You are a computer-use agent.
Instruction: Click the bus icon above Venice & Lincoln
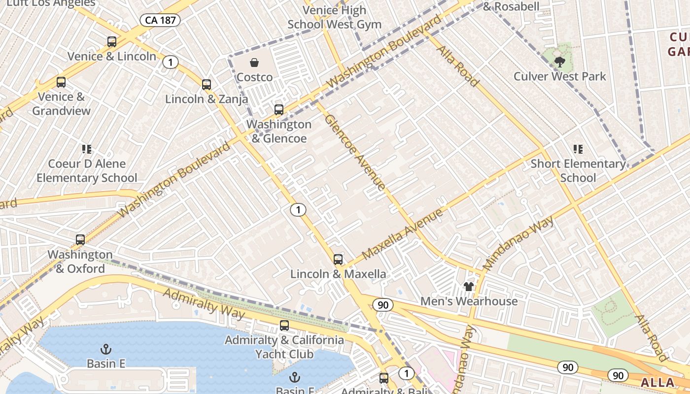point(112,42)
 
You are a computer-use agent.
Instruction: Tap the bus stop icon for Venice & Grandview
point(61,82)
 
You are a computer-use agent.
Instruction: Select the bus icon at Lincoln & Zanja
point(207,84)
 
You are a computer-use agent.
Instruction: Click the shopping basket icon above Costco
point(254,63)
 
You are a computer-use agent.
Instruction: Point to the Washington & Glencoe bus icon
point(279,109)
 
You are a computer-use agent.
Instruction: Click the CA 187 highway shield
point(160,20)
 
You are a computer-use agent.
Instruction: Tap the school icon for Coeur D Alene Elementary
point(87,149)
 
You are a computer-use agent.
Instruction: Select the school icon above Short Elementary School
point(578,149)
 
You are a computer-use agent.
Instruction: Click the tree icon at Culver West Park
point(559,62)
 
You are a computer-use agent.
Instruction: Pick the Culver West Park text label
point(559,76)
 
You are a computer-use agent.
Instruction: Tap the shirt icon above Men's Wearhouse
point(468,286)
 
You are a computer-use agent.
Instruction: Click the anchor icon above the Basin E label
point(105,349)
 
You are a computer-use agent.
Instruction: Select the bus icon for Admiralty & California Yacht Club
point(284,325)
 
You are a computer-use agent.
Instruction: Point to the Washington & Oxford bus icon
point(80,240)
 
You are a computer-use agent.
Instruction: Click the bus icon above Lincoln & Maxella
point(338,259)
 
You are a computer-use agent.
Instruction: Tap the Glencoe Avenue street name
point(354,153)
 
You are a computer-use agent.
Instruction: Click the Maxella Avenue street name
point(403,234)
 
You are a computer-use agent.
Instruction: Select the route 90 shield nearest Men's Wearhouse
point(383,305)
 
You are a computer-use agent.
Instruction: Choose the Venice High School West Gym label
point(334,17)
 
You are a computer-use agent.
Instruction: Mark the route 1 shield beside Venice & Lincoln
point(171,62)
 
